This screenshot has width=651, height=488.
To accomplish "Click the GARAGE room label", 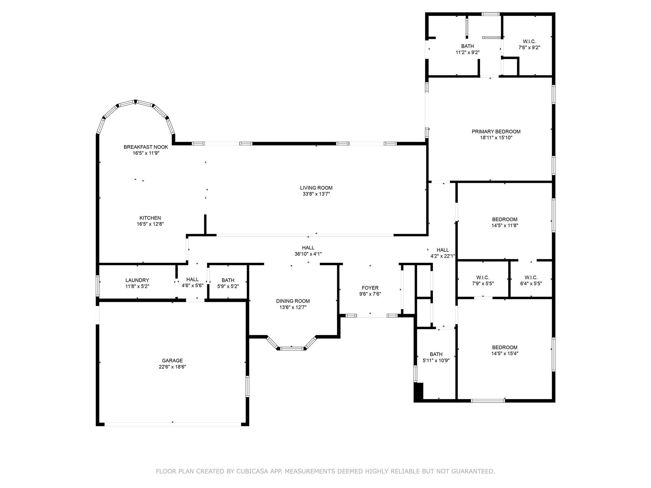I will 172,361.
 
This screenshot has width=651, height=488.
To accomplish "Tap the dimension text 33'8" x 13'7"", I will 316,194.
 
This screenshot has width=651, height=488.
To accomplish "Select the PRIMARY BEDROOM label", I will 496,132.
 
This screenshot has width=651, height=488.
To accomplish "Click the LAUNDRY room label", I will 137,280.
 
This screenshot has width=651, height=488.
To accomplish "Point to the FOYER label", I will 370,288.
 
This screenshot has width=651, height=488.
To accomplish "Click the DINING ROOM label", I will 293,301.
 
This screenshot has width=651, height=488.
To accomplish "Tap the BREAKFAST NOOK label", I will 146,147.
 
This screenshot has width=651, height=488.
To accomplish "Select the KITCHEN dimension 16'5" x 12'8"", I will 150,224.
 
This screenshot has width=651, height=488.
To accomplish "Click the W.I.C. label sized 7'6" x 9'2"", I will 529,42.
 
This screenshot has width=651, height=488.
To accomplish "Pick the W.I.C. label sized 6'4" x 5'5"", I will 531,278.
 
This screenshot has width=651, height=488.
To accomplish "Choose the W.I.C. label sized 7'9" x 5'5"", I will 483,278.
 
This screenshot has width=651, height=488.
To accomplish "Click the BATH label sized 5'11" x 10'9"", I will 436,354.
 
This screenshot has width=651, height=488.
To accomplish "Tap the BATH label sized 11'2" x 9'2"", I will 467,46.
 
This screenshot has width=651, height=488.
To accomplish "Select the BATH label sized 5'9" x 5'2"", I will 228,280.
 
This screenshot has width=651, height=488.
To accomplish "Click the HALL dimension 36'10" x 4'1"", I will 308,254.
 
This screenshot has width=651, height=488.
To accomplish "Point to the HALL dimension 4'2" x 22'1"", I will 442,256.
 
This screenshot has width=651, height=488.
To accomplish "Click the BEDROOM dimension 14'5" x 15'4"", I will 505,353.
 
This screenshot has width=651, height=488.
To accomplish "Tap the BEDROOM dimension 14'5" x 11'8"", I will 505,226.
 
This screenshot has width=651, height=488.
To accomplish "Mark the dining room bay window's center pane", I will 292,349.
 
